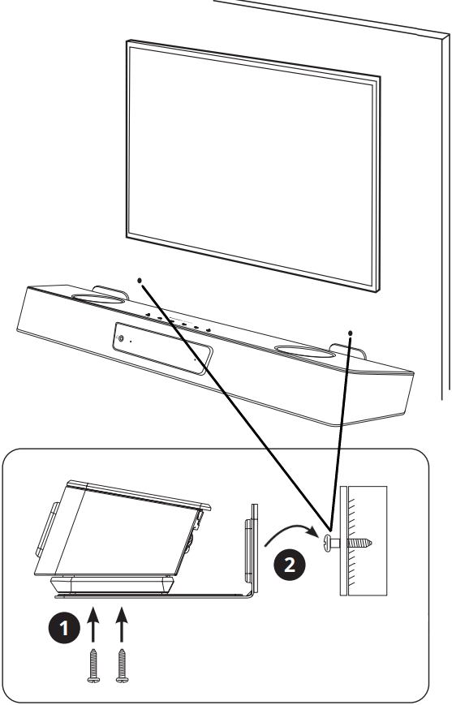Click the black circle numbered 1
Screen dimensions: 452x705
64,628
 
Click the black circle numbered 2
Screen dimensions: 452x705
290,565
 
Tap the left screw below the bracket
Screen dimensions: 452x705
93,666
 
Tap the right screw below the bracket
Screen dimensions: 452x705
122,666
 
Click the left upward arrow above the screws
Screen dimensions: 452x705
93,624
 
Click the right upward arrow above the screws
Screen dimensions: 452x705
122,624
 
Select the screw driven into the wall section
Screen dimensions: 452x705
347,543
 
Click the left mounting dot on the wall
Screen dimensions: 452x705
140,280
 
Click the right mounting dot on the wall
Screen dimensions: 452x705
351,333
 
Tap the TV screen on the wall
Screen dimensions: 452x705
252,166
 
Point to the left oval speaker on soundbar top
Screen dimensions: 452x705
98,299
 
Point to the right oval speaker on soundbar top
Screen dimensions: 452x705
305,350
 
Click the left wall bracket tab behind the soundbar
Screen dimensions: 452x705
111,291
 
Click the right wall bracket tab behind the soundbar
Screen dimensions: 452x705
347,350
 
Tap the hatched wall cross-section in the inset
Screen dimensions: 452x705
364,540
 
